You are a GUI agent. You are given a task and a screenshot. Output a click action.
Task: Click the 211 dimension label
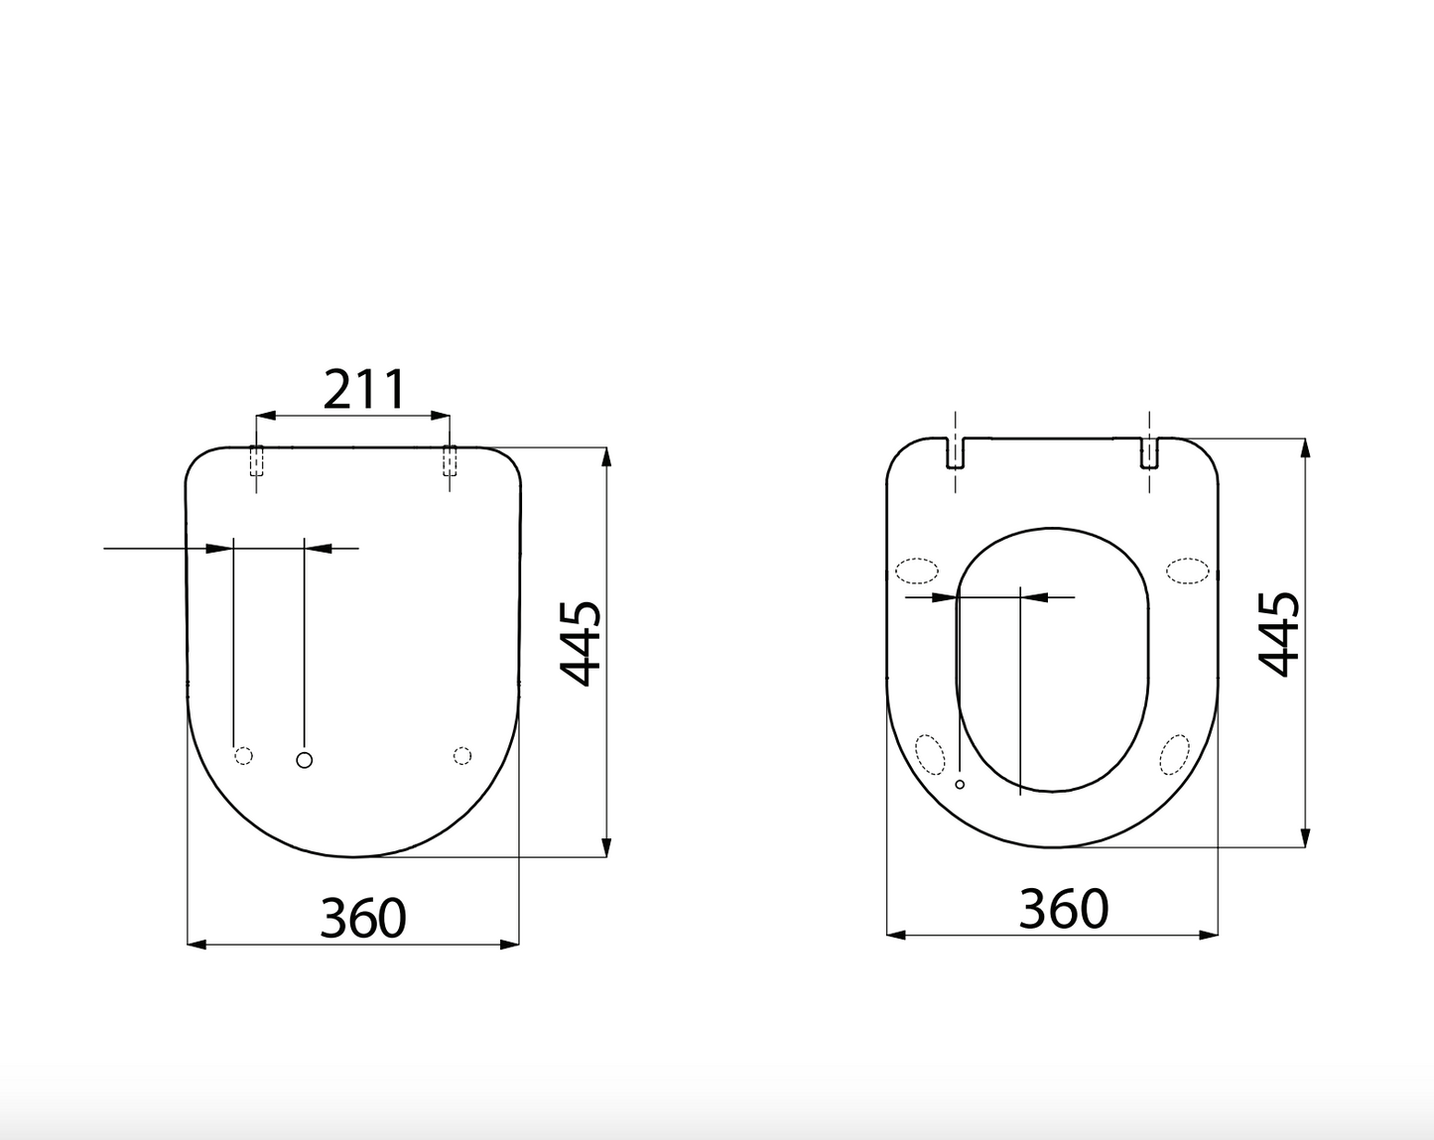[364, 390]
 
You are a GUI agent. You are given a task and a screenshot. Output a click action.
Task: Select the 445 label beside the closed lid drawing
[582, 643]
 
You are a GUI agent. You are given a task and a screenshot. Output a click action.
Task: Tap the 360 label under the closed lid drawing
[362, 918]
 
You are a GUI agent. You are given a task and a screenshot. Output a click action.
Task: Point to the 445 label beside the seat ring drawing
[1279, 634]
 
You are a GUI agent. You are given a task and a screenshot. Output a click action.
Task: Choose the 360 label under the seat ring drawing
[1063, 909]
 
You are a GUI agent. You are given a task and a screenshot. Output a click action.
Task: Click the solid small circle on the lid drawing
[305, 760]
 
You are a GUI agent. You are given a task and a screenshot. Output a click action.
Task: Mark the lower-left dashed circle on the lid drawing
[243, 756]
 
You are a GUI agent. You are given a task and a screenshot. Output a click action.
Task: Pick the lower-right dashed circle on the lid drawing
[461, 756]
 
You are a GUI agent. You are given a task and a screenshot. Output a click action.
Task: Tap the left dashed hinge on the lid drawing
[256, 461]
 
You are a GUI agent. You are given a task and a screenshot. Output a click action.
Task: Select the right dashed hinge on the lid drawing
[450, 461]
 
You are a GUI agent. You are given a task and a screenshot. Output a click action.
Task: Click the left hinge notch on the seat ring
[955, 452]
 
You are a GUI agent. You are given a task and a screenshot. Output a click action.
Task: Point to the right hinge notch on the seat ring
[1149, 452]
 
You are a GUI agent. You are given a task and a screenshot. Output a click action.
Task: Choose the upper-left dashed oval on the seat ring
[916, 570]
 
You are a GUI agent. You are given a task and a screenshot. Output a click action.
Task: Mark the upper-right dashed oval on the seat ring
[1187, 570]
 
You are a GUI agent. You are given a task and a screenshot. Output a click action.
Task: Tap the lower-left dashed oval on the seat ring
[930, 754]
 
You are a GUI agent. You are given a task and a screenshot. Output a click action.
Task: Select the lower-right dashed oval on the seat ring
[1175, 754]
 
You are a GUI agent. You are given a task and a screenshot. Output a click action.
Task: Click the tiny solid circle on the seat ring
[960, 785]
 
